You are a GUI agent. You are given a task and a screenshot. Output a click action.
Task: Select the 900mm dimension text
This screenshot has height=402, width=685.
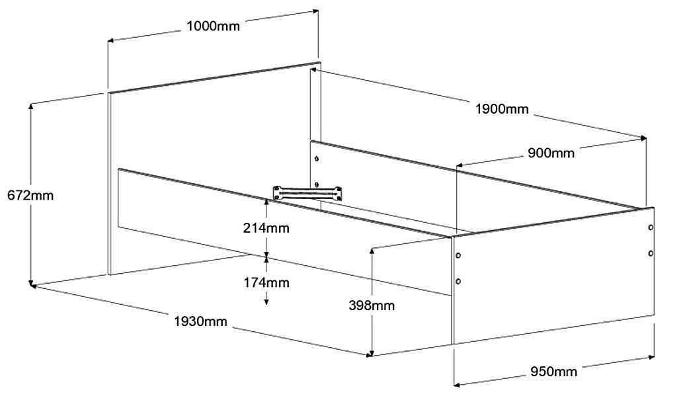(x=551, y=153)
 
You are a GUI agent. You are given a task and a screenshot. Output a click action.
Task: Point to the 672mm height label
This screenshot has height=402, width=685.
(x=30, y=195)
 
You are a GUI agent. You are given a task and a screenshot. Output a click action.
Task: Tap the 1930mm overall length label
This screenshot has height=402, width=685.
(x=201, y=322)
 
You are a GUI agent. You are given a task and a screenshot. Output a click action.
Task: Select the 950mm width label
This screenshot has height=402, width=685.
(x=554, y=371)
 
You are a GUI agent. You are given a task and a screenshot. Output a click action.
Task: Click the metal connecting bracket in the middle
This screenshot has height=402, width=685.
(x=309, y=193)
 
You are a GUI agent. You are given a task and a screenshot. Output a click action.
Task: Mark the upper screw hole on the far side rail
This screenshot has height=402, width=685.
(x=317, y=159)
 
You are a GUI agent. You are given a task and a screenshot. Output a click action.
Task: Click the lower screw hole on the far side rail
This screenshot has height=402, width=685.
(x=317, y=184)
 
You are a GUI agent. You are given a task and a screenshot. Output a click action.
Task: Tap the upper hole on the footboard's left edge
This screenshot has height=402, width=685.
(x=458, y=255)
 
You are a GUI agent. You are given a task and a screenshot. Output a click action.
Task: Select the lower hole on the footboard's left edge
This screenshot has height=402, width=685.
(x=458, y=281)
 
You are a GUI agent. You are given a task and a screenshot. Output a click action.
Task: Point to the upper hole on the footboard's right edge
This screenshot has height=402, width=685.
(x=651, y=227)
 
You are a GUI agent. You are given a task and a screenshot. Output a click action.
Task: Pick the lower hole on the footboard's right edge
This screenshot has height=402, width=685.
(x=651, y=253)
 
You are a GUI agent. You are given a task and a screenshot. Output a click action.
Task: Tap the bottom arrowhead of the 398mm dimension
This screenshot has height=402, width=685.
(x=373, y=352)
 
